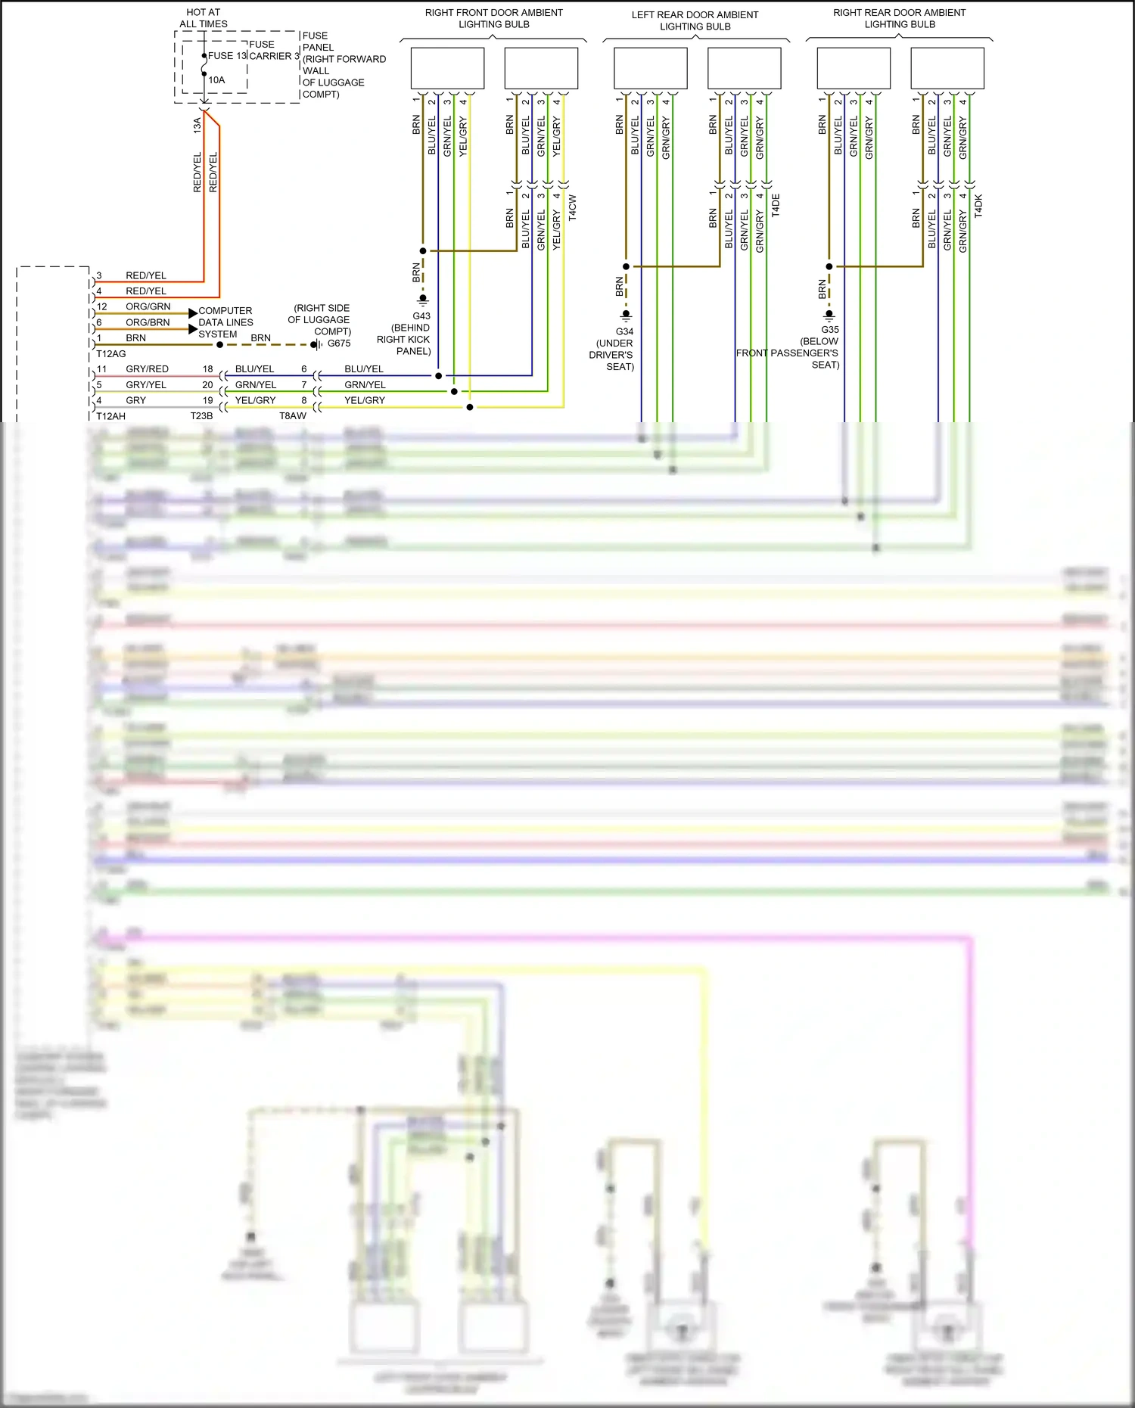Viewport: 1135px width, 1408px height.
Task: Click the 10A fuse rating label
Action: point(216,80)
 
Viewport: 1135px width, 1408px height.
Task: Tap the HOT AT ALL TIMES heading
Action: point(204,18)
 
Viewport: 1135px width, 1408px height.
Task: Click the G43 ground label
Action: point(421,316)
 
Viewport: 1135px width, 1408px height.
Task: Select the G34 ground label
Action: point(624,331)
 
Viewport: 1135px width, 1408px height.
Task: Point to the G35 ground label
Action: point(830,330)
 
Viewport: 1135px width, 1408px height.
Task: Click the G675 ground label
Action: point(339,343)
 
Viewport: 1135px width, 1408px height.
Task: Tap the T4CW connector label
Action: point(573,207)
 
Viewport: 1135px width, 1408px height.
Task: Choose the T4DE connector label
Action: point(776,206)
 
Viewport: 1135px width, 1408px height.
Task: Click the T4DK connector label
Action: point(978,206)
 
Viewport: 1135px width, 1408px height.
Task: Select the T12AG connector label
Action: point(111,354)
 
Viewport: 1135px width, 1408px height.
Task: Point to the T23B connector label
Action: point(201,416)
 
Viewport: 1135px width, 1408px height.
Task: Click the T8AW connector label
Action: point(293,416)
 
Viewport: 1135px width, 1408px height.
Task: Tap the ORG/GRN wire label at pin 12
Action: point(148,306)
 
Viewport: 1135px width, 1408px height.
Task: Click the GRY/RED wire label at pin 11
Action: point(148,369)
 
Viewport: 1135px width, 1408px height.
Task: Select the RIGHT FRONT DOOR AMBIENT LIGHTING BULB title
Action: point(494,18)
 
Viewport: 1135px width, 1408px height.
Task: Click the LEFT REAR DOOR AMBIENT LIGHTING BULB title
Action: point(695,20)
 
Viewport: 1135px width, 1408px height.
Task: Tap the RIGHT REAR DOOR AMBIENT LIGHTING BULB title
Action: point(900,18)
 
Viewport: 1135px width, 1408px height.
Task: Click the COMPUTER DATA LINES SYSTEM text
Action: point(225,322)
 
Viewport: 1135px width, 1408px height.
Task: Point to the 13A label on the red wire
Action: point(197,125)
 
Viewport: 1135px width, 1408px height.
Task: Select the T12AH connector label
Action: point(111,416)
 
